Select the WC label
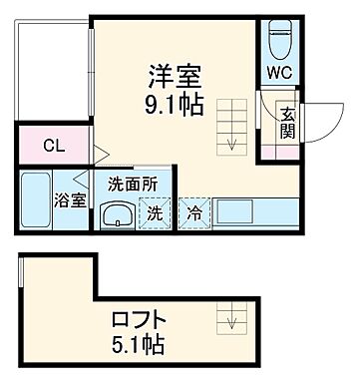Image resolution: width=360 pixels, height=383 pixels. coord(278,72)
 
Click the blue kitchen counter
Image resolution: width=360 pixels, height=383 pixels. coord(249,210)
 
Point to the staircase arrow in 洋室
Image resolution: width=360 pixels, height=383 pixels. coord(231,141)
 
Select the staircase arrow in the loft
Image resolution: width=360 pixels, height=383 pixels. coord(233,321)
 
